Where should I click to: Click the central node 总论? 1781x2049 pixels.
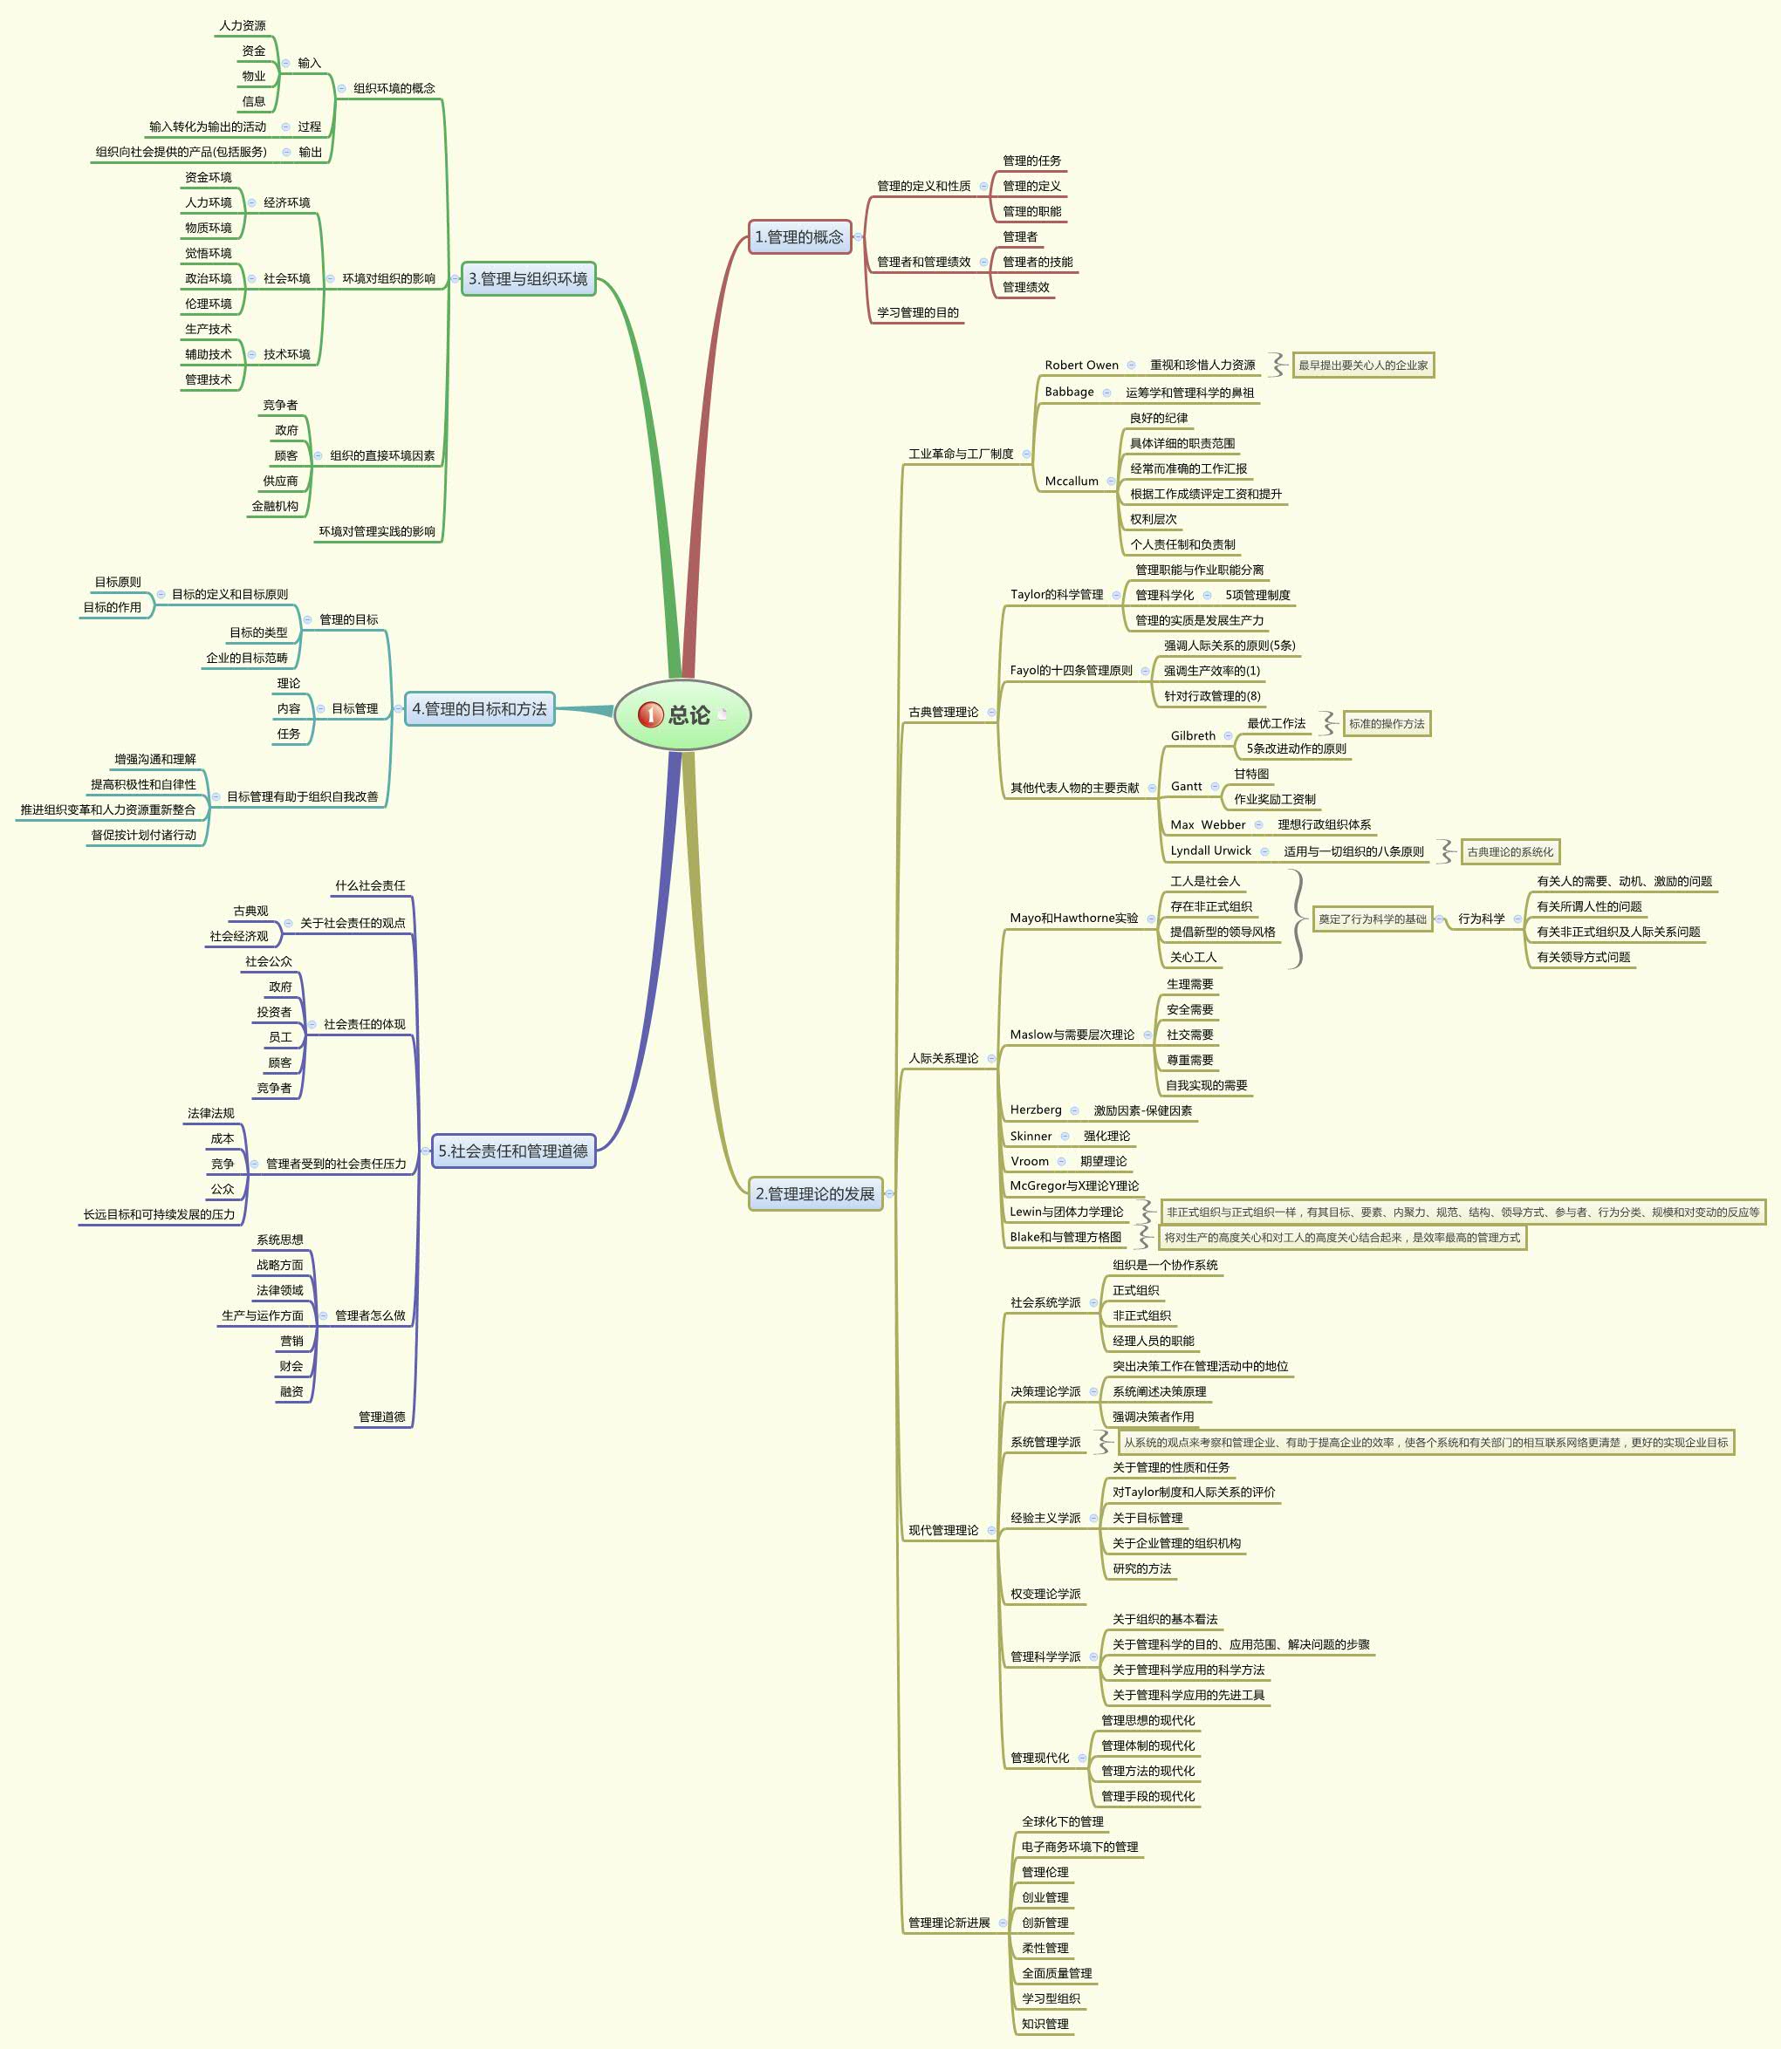(x=682, y=714)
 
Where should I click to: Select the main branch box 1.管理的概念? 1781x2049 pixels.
(x=799, y=236)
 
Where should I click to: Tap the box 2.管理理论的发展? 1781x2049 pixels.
(x=815, y=1193)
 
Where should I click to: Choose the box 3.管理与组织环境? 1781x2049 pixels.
(x=528, y=278)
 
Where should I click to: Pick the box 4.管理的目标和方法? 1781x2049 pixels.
(x=479, y=708)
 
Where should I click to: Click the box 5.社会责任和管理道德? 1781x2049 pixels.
(x=513, y=1151)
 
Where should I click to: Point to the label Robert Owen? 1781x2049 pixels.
(x=1081, y=365)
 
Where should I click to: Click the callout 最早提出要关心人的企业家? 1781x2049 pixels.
(x=1363, y=365)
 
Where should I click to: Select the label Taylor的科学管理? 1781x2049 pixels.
(x=1057, y=594)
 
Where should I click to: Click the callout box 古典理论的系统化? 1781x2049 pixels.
(x=1510, y=851)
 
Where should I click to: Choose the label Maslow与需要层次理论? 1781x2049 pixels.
(x=1072, y=1035)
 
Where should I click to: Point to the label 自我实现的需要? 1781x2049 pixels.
(x=1207, y=1085)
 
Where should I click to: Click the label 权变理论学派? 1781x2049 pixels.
(x=1045, y=1594)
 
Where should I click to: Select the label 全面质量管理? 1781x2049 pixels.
(x=1057, y=1973)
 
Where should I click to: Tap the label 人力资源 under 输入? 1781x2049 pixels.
(x=243, y=24)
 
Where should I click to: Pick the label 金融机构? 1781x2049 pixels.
(x=274, y=506)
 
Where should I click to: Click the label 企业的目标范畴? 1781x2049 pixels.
(x=246, y=658)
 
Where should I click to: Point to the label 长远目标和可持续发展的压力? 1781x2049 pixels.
(x=159, y=1214)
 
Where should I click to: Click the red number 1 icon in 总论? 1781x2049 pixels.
(x=650, y=714)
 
